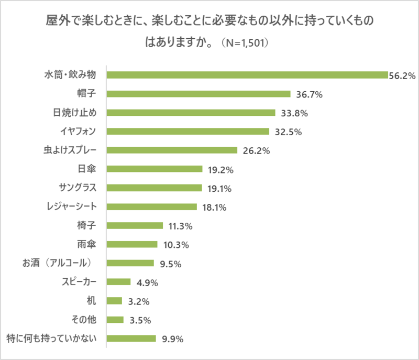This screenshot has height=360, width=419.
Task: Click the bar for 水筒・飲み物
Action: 247,75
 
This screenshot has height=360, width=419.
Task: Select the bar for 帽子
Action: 199,94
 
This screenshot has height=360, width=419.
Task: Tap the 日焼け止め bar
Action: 191,113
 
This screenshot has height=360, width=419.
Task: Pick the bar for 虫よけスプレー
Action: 172,150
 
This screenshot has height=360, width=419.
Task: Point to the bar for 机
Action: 114,301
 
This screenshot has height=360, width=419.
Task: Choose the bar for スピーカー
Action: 118,282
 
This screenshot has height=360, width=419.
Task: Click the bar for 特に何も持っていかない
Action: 131,339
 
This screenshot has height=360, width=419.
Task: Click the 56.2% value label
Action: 402,76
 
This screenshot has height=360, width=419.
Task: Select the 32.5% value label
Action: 288,132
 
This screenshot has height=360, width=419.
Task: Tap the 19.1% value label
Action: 219,189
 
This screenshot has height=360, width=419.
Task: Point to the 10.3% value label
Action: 175,245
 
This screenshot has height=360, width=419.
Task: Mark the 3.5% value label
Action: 139,320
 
